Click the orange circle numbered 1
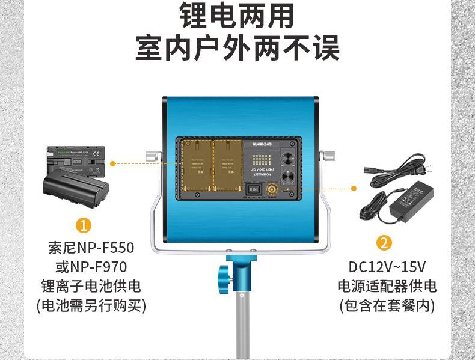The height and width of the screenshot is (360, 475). tap(84, 226)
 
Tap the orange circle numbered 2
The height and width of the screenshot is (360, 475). tap(384, 243)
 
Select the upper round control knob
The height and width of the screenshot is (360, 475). tap(288, 154)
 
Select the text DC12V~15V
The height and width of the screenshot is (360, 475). tap(387, 267)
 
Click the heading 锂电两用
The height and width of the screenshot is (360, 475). tap(237, 17)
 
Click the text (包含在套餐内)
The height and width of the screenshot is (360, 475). tap(387, 305)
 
